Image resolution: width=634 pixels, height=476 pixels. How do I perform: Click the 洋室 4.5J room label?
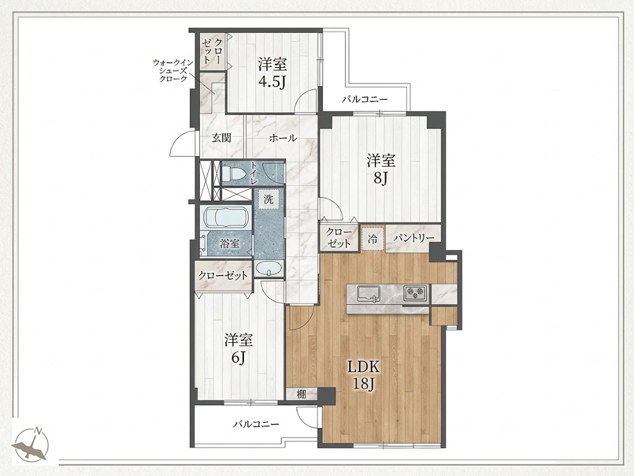[272, 73]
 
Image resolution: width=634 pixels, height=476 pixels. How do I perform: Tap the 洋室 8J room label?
[381, 169]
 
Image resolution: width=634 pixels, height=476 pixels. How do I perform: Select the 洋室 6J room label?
[238, 348]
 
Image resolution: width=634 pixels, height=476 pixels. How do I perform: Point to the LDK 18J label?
[363, 375]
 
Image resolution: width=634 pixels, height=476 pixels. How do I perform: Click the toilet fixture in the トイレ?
[233, 174]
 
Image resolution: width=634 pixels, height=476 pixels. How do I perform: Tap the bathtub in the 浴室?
[227, 218]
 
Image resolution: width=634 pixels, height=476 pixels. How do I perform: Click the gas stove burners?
[415, 293]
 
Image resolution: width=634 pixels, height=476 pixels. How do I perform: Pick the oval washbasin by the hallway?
[269, 268]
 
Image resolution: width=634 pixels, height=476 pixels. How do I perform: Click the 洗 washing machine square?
[269, 199]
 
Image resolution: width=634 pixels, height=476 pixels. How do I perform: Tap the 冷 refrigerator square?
[372, 239]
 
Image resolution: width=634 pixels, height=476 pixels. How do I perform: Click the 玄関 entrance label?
[222, 138]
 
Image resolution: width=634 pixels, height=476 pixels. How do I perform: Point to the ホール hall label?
[283, 138]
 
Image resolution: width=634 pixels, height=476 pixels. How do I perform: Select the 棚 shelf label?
[302, 394]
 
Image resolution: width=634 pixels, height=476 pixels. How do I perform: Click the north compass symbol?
[31, 444]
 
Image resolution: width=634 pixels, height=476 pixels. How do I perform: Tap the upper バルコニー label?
[365, 99]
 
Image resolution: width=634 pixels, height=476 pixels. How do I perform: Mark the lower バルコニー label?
[256, 424]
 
